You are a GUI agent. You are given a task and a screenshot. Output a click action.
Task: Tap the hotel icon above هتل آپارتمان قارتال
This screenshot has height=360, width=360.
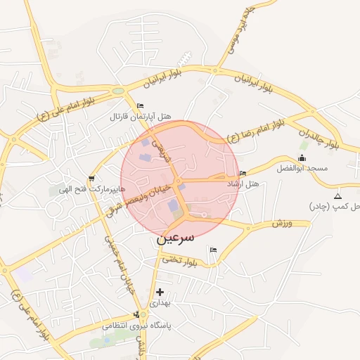tap(140, 105)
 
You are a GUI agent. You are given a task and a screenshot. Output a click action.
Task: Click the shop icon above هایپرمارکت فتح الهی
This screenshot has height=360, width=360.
tap(91, 179)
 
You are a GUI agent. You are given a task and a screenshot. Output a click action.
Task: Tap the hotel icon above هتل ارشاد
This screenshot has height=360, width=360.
tap(243, 173)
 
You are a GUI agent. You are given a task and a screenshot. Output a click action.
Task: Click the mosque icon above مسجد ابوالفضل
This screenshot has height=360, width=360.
tap(303, 157)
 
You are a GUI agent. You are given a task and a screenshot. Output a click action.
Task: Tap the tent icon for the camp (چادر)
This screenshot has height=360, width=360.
tap(338, 195)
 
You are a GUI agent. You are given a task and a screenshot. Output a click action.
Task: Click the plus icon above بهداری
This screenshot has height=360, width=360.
tap(160, 291)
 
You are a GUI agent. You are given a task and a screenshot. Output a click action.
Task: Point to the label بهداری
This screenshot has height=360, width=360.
tap(160, 302)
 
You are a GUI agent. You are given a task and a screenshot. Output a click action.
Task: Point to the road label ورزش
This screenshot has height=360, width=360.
tap(281, 223)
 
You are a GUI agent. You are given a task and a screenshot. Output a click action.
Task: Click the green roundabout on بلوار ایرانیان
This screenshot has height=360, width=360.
tap(118, 91)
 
